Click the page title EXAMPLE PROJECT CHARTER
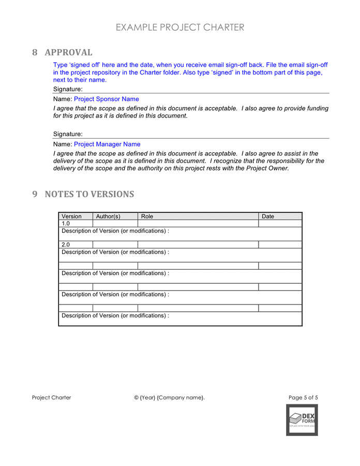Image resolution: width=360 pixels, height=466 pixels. click(x=180, y=27)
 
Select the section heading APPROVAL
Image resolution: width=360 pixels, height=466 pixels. click(x=68, y=52)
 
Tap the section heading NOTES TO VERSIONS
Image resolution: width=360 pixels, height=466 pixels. click(x=89, y=194)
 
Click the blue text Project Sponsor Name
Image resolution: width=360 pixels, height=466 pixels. click(x=106, y=99)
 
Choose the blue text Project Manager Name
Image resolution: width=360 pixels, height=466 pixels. click(x=107, y=144)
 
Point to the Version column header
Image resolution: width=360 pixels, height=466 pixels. click(x=72, y=216)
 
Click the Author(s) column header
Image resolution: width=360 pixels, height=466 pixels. click(x=108, y=216)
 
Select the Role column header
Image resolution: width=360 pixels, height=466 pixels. click(x=147, y=216)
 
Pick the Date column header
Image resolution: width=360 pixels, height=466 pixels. click(x=268, y=216)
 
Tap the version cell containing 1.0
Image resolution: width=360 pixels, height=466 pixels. click(x=66, y=224)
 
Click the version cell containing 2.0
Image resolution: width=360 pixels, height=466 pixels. click(x=66, y=245)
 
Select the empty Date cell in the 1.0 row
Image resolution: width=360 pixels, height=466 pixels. click(x=280, y=224)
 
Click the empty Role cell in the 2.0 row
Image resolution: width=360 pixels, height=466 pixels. click(x=198, y=245)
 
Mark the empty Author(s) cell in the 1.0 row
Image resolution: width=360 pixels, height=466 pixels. click(x=115, y=224)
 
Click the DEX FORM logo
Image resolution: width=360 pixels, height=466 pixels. click(x=302, y=420)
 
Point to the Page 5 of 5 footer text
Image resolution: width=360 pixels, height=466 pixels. click(x=303, y=398)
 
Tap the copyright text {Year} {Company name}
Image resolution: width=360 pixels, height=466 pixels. click(x=170, y=398)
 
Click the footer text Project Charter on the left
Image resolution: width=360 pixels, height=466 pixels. click(x=52, y=398)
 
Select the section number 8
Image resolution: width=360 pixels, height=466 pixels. click(x=35, y=52)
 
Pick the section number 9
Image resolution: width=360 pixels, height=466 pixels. click(x=35, y=194)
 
